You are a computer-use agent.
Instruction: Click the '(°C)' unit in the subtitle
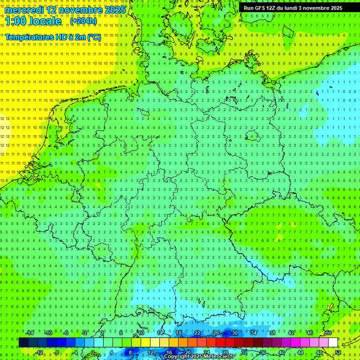pyautogui.click(x=94, y=37)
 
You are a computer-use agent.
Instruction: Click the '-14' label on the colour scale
pyautogui.click(x=30, y=333)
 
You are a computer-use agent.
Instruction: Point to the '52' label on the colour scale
pyautogui.click(x=338, y=352)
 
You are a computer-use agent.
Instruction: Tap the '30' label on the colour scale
pyautogui.click(x=234, y=333)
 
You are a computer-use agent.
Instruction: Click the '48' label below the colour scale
pyautogui.click(x=319, y=352)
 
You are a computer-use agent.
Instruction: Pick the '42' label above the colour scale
pyautogui.click(x=291, y=333)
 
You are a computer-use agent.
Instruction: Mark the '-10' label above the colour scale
pyautogui.click(x=48, y=333)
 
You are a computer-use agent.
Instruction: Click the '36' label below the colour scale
pyautogui.click(x=263, y=352)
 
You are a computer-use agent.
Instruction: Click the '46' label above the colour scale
pyautogui.click(x=310, y=333)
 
